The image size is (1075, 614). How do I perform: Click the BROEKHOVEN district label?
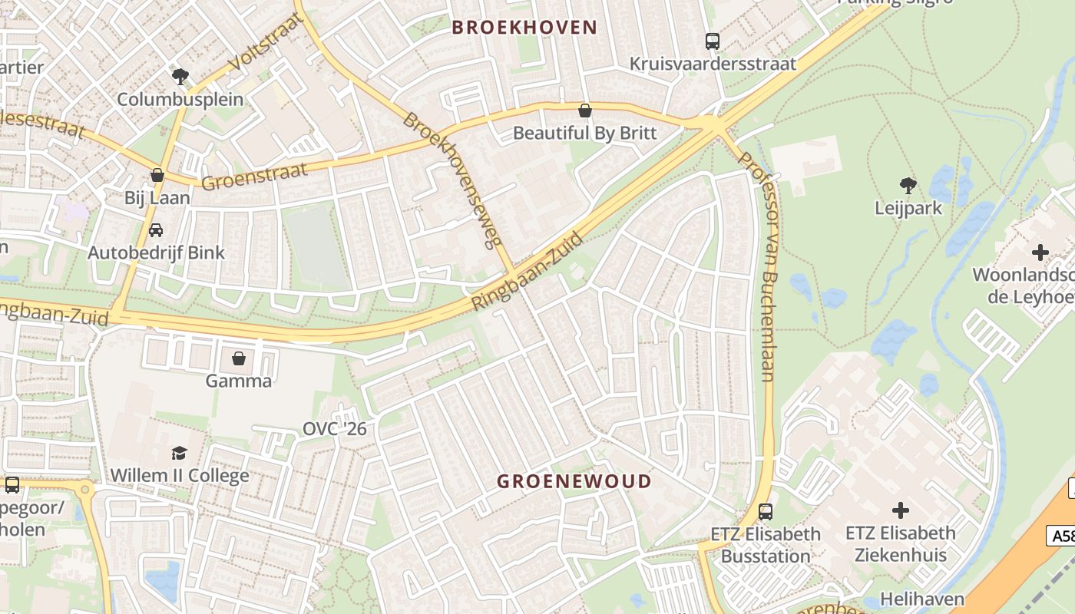click(524, 28)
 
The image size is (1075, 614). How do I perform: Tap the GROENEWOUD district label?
click(574, 481)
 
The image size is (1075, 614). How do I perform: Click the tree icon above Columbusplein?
click(180, 76)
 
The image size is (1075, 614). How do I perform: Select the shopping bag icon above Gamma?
click(239, 358)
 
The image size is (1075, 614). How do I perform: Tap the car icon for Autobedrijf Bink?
click(156, 229)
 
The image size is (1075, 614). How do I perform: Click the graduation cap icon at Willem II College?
click(179, 452)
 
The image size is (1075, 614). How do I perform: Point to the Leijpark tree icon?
click(908, 185)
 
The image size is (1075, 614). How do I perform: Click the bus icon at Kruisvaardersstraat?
click(713, 41)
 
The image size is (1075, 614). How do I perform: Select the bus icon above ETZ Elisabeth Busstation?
click(765, 510)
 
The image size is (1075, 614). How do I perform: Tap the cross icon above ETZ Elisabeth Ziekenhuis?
click(900, 510)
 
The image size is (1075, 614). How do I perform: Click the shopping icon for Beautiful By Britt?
click(585, 111)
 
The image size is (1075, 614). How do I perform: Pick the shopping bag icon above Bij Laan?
click(157, 175)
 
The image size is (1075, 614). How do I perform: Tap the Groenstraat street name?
click(254, 176)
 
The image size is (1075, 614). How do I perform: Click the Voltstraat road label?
click(263, 43)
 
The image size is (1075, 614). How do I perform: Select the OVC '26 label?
click(335, 428)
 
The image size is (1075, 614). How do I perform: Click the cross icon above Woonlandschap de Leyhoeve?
click(1040, 252)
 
